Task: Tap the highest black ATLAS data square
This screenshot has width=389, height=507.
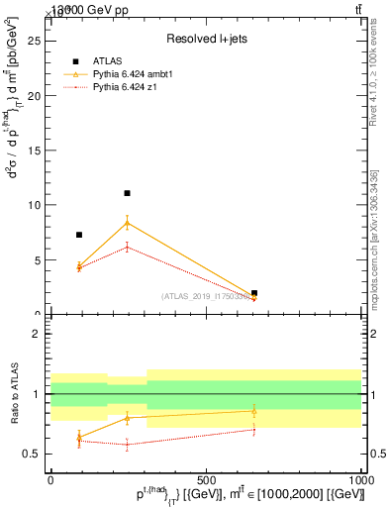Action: [x=127, y=193]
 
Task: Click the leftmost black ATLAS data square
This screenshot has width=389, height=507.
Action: [x=79, y=235]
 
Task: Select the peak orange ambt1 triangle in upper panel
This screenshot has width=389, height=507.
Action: [x=127, y=222]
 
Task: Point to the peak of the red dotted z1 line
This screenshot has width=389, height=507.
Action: [x=127, y=247]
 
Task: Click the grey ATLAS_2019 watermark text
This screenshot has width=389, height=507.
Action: [x=207, y=296]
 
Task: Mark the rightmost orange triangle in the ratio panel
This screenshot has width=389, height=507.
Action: [x=254, y=410]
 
